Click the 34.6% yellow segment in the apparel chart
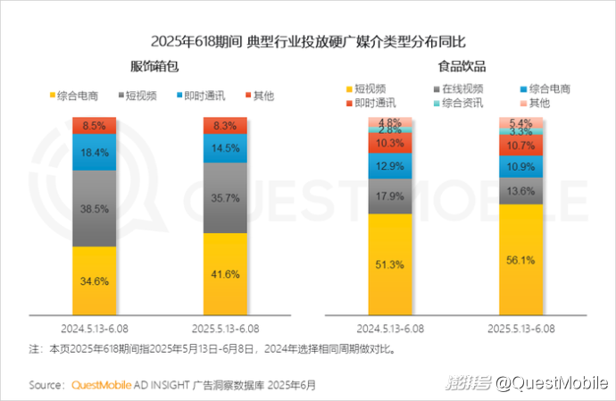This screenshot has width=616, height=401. pyautogui.click(x=94, y=280)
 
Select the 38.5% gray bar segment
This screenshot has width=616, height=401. pyautogui.click(x=94, y=207)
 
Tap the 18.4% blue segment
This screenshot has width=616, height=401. pyautogui.click(x=94, y=152)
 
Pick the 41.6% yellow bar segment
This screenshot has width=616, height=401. pyautogui.click(x=225, y=273)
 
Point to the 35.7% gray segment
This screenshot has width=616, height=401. pyautogui.click(x=225, y=198)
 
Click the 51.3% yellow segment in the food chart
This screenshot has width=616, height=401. pyautogui.click(x=390, y=264)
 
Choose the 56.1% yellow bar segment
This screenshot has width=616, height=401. pyautogui.click(x=520, y=259)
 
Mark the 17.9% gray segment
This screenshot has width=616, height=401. pyautogui.click(x=390, y=196)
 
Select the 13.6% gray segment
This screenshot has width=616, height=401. pyautogui.click(x=520, y=191)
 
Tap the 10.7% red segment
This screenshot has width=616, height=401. pyautogui.click(x=520, y=145)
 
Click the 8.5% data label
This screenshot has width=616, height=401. pyautogui.click(x=94, y=126)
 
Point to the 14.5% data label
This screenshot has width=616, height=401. pyautogui.click(x=225, y=148)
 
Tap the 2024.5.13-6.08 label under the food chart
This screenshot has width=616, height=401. pyautogui.click(x=390, y=327)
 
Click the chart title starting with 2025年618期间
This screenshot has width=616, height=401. pyautogui.click(x=309, y=41)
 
